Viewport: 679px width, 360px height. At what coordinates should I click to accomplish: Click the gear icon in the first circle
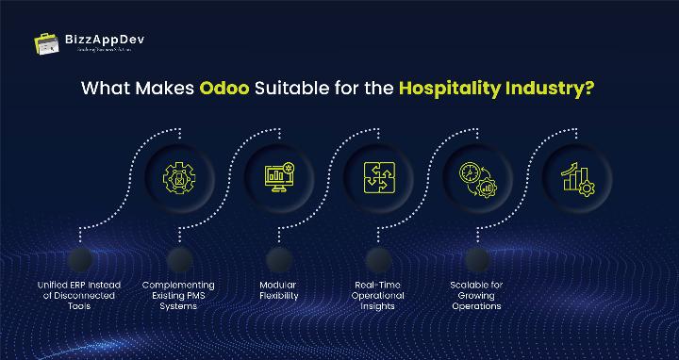coord(177,175)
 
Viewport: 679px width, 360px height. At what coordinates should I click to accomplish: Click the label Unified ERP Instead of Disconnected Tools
coord(78,295)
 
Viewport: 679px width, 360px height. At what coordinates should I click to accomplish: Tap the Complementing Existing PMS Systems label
coord(178,295)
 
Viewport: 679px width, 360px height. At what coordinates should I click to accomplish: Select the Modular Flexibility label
coord(278,289)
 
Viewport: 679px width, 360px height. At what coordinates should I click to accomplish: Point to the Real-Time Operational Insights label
coord(379,295)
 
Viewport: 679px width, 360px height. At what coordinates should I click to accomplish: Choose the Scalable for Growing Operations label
coord(476,295)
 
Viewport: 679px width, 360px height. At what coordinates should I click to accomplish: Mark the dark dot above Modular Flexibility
coord(278,259)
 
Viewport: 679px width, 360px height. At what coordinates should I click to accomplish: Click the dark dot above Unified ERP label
coord(79,259)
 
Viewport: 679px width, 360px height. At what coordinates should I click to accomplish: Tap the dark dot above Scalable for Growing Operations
coord(477,259)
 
